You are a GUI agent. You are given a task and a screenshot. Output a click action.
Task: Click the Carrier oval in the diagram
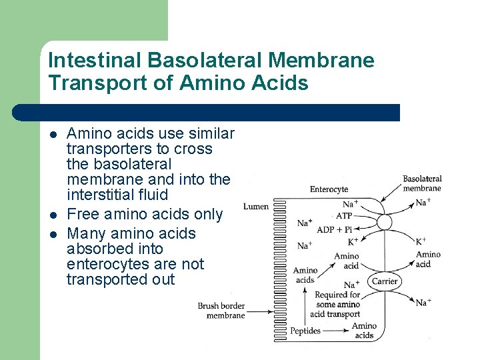click(385, 281)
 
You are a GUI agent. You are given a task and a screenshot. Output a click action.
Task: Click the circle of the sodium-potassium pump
click(385, 222)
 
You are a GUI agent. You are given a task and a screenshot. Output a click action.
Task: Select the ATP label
click(344, 217)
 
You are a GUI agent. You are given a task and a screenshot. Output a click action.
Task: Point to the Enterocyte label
click(329, 189)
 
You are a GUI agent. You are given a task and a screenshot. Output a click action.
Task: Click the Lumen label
click(256, 207)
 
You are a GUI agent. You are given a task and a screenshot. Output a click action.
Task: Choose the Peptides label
click(305, 331)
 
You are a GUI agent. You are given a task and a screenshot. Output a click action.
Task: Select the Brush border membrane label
click(221, 311)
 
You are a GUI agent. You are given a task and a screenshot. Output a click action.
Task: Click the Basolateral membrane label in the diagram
click(422, 183)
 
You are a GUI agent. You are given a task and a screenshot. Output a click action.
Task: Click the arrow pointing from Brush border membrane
click(264, 311)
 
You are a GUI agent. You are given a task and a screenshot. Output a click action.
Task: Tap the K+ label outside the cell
click(421, 241)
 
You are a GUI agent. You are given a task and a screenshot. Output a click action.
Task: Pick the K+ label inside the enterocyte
click(353, 241)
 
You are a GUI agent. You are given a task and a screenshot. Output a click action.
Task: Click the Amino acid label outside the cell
click(428, 259)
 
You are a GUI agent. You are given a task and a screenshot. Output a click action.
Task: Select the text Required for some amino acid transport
click(337, 304)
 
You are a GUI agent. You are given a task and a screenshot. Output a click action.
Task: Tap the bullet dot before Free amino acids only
click(52, 215)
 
